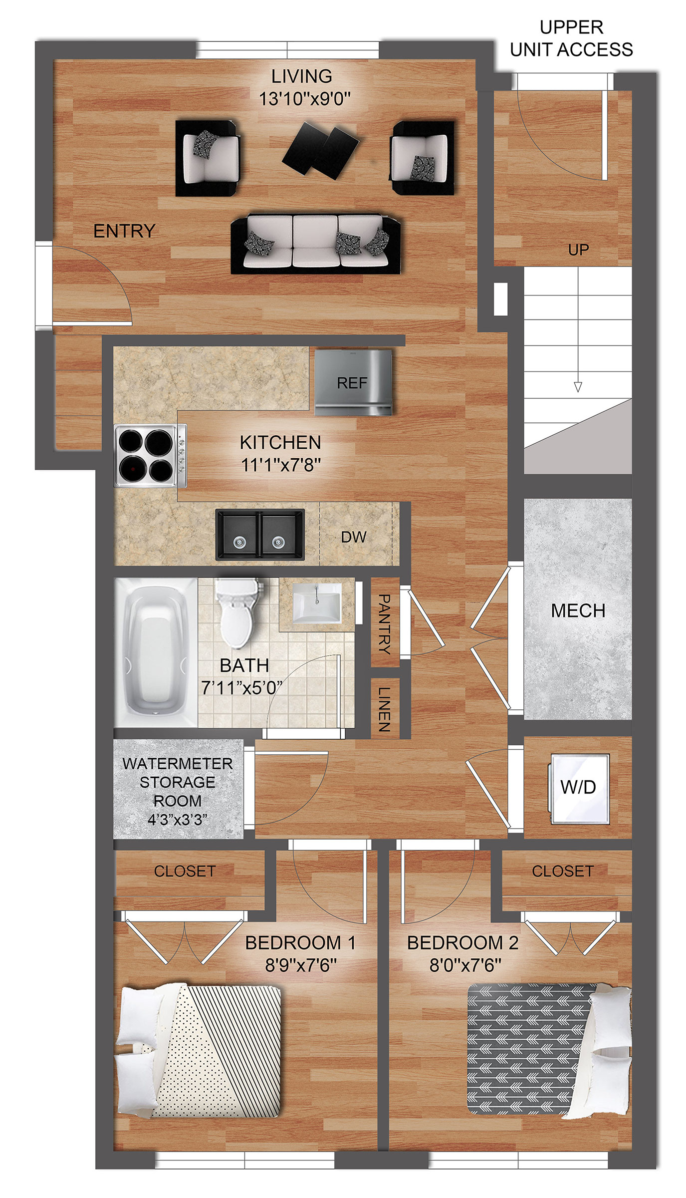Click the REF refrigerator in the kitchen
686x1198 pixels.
[x=353, y=382]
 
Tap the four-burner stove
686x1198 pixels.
[x=150, y=456]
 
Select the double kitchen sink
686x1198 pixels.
[x=260, y=535]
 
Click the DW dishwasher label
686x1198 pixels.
[x=354, y=537]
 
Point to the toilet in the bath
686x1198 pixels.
[x=238, y=612]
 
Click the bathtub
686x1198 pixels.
[x=156, y=652]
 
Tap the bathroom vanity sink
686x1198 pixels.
[x=317, y=603]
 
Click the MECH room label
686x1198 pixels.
[x=578, y=610]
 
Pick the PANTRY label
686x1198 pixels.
[x=384, y=623]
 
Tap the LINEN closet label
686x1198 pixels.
[x=384, y=709]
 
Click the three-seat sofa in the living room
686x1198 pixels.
[x=316, y=244]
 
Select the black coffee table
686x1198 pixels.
[x=321, y=150]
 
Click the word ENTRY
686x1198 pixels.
[x=125, y=231]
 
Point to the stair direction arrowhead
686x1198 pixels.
[x=578, y=387]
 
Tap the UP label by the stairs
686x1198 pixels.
[x=579, y=250]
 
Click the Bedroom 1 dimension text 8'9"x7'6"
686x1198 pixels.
[x=301, y=965]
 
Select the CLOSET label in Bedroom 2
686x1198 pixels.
[x=563, y=871]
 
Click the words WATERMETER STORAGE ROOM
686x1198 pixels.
[x=178, y=782]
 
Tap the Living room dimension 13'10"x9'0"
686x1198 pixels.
[x=305, y=98]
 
